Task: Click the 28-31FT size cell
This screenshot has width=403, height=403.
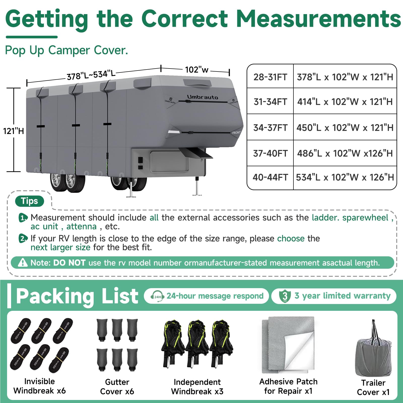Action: [x=270, y=77]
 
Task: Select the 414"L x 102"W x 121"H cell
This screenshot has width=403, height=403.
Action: [x=345, y=102]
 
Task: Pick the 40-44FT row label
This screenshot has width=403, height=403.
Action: [x=270, y=177]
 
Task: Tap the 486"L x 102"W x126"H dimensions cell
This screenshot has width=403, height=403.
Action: [x=345, y=153]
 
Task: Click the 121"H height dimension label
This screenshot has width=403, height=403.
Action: [x=13, y=131]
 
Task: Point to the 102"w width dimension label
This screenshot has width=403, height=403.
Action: [x=197, y=70]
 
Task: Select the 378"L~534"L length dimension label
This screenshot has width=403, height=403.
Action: [x=91, y=75]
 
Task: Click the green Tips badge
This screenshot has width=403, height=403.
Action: [x=29, y=201]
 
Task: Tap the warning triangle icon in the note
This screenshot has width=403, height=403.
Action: [x=23, y=262]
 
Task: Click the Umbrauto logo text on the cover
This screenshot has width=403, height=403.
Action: [x=203, y=97]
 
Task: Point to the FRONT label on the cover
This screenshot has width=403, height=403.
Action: [x=236, y=133]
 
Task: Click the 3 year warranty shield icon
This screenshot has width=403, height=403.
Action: [x=285, y=296]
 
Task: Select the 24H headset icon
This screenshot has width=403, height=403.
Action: [x=157, y=296]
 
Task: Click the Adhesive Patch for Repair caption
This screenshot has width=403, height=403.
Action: [x=288, y=386]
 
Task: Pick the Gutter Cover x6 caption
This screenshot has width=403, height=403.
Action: [x=117, y=387]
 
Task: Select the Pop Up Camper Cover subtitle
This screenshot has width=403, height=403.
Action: [x=66, y=50]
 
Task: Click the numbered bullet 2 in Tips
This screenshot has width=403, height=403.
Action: [x=23, y=238]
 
